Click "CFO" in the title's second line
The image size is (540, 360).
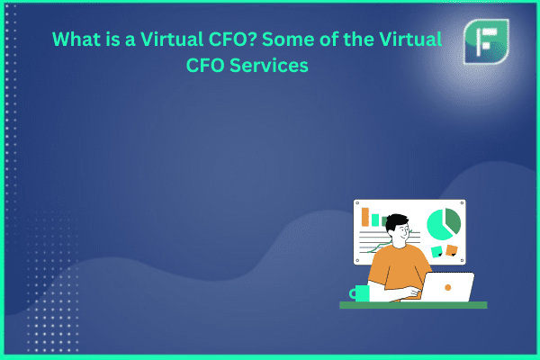pos(205,65)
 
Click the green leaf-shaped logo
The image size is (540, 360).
pos(486,41)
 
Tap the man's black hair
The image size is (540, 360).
pos(397,221)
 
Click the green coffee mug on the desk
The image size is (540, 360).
pos(360,293)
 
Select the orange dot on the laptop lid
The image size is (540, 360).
pos(447,287)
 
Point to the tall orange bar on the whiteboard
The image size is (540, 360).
pos(365,217)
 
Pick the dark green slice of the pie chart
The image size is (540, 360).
pos(453,220)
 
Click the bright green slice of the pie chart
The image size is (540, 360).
pos(437,227)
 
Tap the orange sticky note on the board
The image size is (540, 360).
pos(452,250)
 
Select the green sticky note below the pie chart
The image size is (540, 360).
pos(437,251)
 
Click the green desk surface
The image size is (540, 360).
pos(413,305)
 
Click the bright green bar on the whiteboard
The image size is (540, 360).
pos(375,220)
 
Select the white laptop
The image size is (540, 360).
pos(447,287)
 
